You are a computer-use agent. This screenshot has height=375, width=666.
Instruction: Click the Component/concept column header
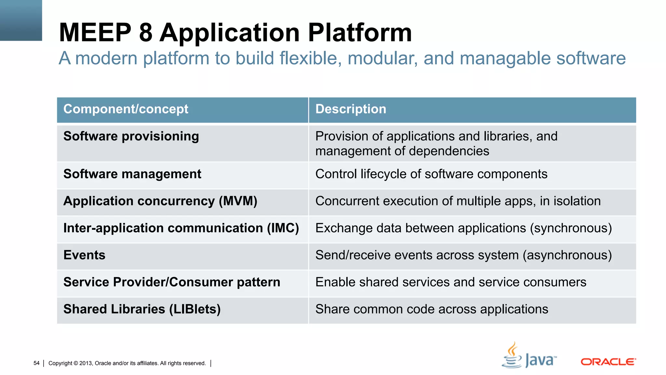[x=126, y=109]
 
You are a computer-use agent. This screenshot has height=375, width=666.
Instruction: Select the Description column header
[x=351, y=109]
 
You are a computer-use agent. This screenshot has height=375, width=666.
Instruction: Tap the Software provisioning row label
[x=131, y=136]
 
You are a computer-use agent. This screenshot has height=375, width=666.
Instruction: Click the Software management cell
[x=132, y=174]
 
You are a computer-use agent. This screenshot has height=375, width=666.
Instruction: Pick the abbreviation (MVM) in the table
[x=238, y=201]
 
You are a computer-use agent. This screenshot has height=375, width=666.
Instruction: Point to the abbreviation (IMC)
[x=283, y=228]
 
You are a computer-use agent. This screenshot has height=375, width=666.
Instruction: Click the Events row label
[x=84, y=255]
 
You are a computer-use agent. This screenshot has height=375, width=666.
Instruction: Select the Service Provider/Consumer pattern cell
[x=171, y=282]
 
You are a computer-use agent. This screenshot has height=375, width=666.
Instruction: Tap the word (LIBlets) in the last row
[x=194, y=309]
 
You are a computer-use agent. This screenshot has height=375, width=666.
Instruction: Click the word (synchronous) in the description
[x=571, y=228]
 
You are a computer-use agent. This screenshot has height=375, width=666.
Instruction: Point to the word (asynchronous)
[x=567, y=255]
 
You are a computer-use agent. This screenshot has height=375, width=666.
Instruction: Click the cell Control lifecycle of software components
[x=431, y=174]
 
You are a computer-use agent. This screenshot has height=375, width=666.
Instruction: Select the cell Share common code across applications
[x=432, y=309]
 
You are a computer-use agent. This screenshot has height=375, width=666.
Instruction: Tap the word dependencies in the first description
[x=449, y=151]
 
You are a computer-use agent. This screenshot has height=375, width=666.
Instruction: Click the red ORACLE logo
[x=608, y=362]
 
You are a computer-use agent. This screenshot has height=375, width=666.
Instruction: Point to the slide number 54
[x=36, y=363]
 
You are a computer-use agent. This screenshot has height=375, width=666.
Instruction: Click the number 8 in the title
[x=145, y=33]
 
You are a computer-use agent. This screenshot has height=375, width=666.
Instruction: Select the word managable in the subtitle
[x=505, y=59]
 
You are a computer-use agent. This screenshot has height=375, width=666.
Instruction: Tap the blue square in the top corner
[x=21, y=20]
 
